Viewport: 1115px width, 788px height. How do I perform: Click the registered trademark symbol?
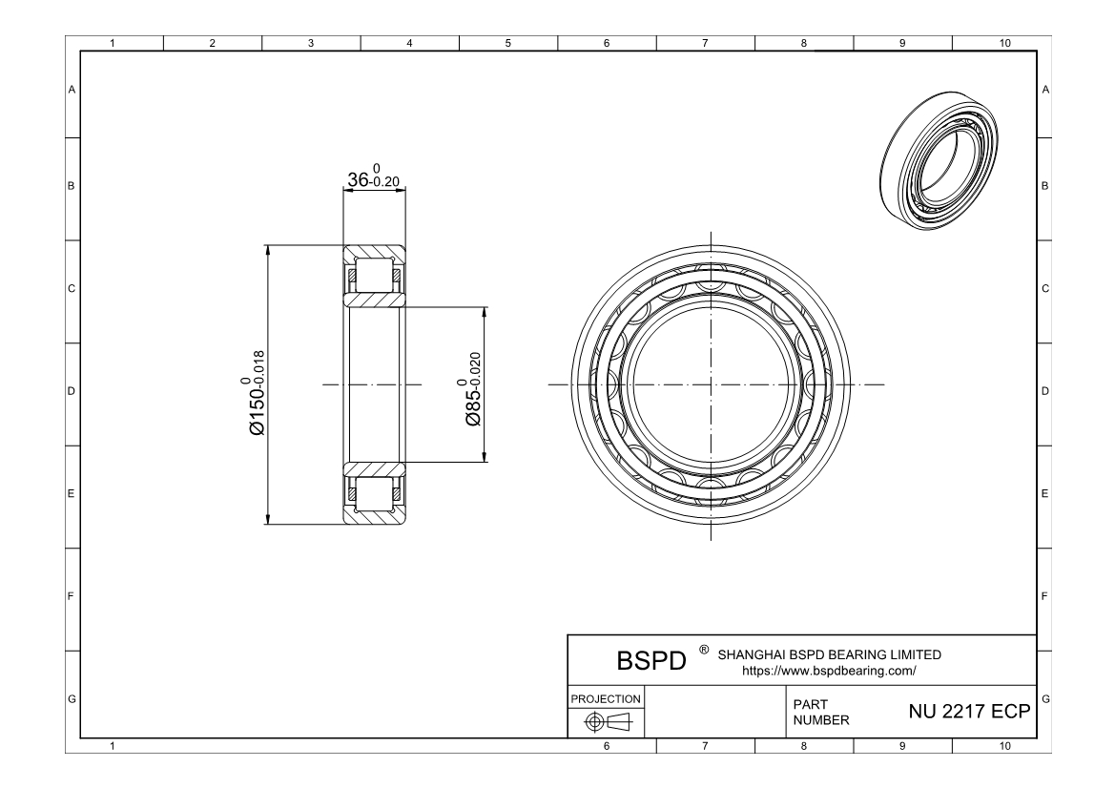(703, 650)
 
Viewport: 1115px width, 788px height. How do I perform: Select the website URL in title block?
(829, 670)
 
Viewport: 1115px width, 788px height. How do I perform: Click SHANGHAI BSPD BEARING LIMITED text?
(828, 654)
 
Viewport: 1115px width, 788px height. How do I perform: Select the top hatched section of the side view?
(374, 277)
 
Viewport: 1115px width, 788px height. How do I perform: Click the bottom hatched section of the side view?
(374, 493)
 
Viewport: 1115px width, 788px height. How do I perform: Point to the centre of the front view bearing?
(711, 385)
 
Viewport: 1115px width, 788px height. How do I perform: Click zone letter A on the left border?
(72, 90)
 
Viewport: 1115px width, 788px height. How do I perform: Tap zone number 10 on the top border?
(1001, 44)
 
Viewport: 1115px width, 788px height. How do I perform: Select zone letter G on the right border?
(1046, 699)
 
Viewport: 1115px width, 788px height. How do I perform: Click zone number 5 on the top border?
(507, 44)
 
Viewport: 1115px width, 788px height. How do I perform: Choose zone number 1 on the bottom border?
(114, 746)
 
